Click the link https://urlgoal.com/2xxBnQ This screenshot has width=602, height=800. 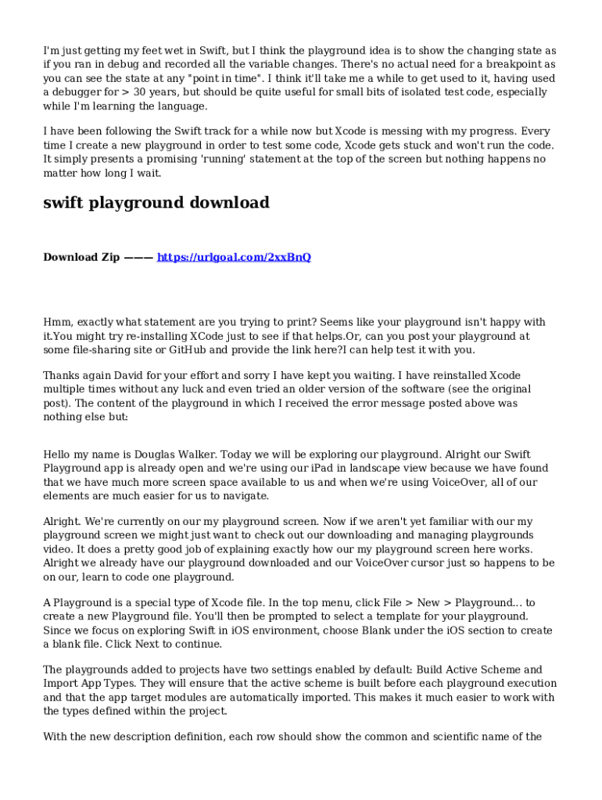click(234, 257)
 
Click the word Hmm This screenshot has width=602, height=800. click(56, 322)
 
